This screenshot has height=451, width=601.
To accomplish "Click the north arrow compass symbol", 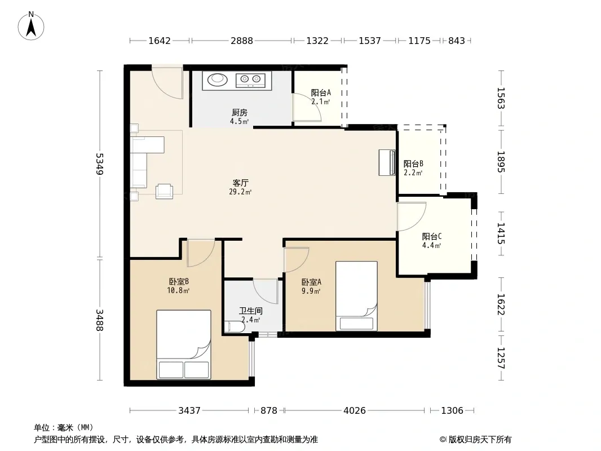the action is [31, 26].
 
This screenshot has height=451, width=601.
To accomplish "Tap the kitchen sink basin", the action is [217, 79].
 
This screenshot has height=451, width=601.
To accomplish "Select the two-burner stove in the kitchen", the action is [250, 79].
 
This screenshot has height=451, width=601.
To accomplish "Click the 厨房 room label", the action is [240, 113].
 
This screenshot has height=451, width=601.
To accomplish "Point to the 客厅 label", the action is [240, 183].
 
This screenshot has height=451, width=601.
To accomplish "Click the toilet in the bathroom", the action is [234, 327].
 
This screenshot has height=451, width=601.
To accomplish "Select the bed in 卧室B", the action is [184, 344].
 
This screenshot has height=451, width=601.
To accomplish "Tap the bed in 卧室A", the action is [356, 296].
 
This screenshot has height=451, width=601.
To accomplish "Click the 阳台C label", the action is [432, 236].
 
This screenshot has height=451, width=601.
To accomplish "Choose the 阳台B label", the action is [413, 163].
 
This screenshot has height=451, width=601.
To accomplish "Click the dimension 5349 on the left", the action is [100, 163].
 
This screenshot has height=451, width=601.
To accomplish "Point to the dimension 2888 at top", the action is [241, 41].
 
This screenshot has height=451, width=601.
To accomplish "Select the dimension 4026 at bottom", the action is [355, 411].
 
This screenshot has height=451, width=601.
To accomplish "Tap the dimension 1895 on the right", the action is [501, 162].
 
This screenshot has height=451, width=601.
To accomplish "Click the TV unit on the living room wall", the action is [387, 162].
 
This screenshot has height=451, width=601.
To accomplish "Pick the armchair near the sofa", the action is [165, 191].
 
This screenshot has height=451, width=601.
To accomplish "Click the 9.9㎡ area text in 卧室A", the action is [311, 291].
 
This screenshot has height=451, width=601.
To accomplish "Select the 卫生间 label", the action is [251, 311].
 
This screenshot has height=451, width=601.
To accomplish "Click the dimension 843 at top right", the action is [457, 41].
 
